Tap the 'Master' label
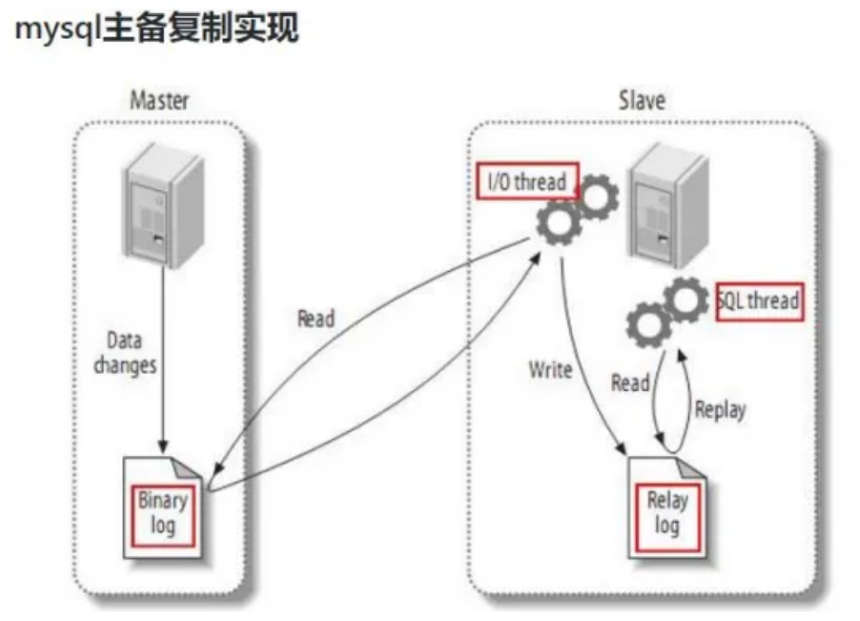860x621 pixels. pyautogui.click(x=159, y=102)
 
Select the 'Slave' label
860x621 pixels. pyautogui.click(x=641, y=102)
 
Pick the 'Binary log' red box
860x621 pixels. pyautogui.click(x=163, y=513)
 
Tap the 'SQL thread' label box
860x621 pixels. pyautogui.click(x=759, y=301)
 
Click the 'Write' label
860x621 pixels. pyautogui.click(x=550, y=369)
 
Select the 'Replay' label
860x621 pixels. pyautogui.click(x=720, y=409)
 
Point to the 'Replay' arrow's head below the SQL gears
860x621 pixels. pyautogui.click(x=681, y=354)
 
